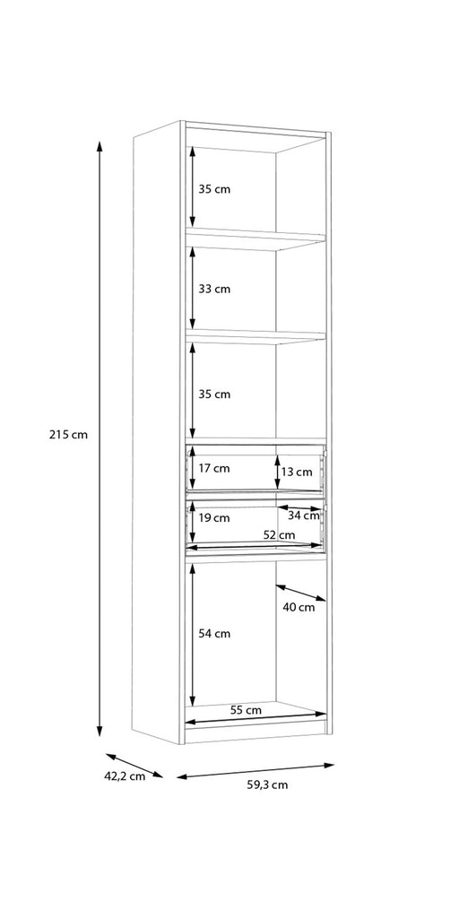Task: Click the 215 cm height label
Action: (68, 434)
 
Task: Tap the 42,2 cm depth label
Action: (125, 776)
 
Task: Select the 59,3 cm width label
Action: (267, 785)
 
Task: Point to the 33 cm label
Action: (214, 289)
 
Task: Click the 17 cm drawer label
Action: (214, 468)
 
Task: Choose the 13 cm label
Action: (297, 472)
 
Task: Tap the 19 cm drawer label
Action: (214, 517)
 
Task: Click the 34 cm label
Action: (304, 516)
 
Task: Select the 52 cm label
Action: (279, 535)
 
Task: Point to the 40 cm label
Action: (299, 608)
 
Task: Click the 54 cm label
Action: (214, 634)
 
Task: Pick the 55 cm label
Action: (246, 710)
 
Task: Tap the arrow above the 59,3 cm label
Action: (255, 771)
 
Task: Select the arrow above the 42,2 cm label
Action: (134, 766)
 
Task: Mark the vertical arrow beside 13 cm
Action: (277, 472)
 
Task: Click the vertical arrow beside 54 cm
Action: (192, 634)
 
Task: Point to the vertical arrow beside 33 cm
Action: (192, 289)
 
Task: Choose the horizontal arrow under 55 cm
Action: (255, 718)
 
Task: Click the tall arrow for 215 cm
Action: (100, 438)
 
